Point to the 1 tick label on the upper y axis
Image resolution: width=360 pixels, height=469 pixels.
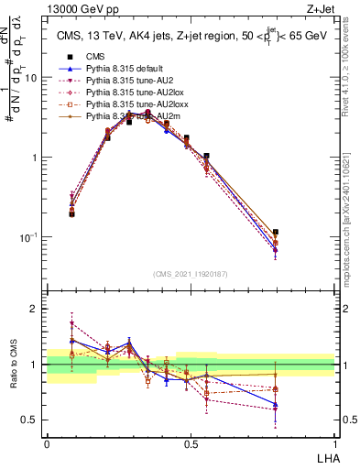tap(35, 158)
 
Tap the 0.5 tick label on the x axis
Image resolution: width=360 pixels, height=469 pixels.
tap(191, 444)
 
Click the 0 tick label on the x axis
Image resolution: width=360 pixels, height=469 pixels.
tap(47, 444)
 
